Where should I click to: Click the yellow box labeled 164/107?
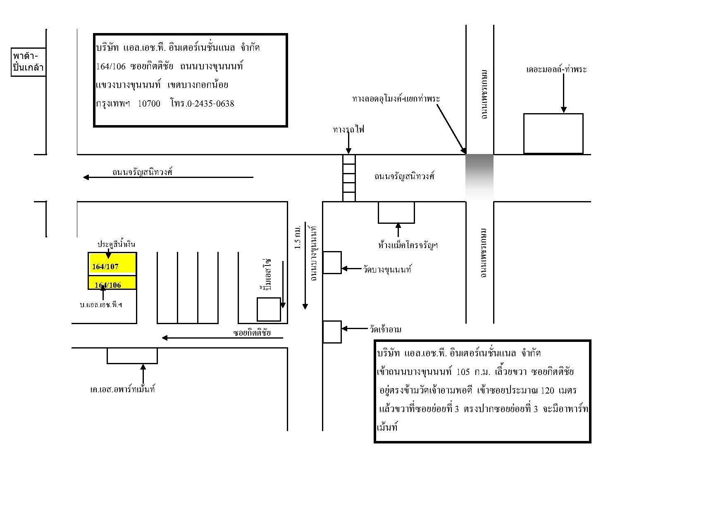112,263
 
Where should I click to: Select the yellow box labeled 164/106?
112,282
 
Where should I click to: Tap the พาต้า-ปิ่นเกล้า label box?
28,62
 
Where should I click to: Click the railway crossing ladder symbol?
349,178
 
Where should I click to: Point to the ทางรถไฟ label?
349,130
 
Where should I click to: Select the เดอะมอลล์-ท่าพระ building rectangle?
553,134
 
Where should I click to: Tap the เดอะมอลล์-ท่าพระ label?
556,69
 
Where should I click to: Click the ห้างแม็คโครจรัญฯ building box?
396,212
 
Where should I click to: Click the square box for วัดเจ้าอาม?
332,332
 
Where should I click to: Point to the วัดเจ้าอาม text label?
385,329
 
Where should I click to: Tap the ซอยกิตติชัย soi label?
252,333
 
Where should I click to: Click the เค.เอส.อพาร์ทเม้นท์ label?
122,389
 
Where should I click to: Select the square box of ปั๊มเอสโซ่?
269,309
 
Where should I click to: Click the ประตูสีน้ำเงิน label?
116,244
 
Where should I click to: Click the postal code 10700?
149,104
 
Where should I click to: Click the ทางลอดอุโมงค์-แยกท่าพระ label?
396,99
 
